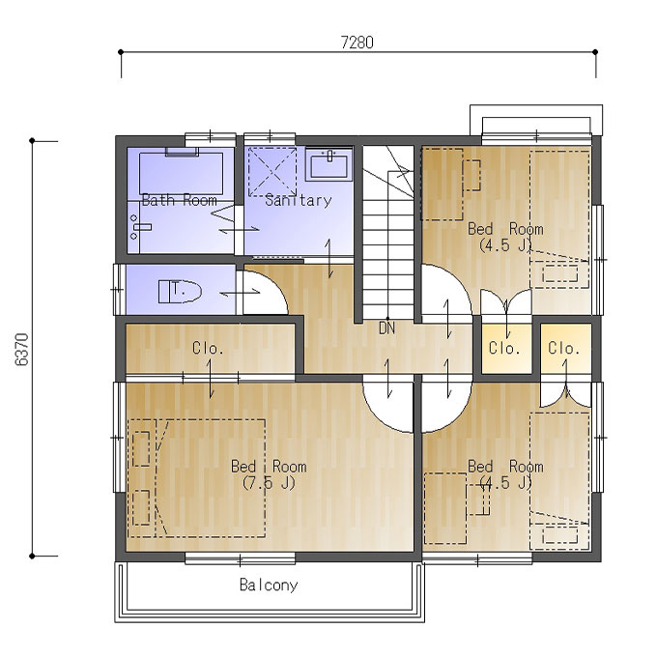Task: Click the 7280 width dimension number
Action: [357, 43]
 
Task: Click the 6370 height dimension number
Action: [22, 350]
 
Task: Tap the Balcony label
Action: [269, 585]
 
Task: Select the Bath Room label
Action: [180, 200]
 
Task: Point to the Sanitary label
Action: [299, 200]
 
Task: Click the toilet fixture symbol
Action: [180, 292]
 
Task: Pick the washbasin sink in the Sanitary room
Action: [328, 164]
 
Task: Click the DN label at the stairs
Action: [386, 328]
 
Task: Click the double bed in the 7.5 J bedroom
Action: [196, 478]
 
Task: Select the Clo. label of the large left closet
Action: [208, 348]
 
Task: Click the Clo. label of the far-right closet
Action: [563, 348]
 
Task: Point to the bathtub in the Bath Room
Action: [181, 173]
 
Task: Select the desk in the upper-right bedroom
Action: [443, 185]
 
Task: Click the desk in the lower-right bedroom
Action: [445, 508]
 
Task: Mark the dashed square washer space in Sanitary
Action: [272, 172]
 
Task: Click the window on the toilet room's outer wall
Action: [119, 289]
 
